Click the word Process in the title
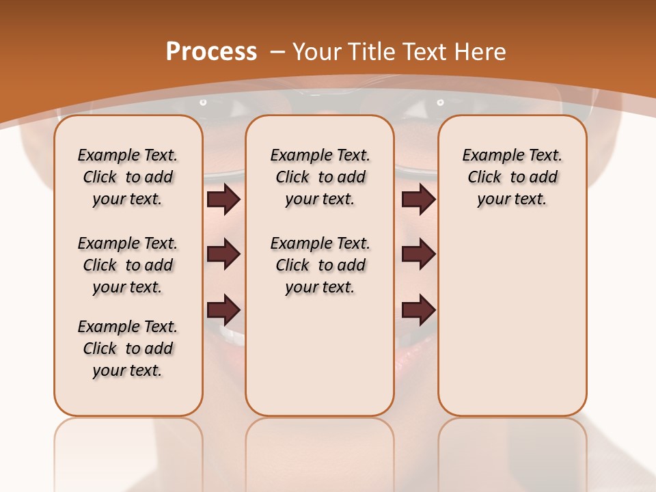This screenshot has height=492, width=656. pos(211,51)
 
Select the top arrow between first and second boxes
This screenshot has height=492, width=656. pos(223,199)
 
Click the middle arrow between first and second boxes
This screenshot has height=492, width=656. pos(223,254)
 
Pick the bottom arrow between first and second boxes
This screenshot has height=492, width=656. pos(223,310)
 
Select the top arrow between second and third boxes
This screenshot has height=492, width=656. pos(418,199)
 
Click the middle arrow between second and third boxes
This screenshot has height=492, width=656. pos(418,254)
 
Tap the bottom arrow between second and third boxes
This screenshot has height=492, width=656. pos(418,310)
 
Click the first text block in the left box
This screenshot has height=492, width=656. pos(128,177)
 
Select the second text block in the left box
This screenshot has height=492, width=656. pos(128,265)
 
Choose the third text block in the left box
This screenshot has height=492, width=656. pos(128,348)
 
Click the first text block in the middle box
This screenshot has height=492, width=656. pos(320,177)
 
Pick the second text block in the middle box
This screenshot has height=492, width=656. pos(320,265)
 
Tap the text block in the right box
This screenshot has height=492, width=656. pos(512,177)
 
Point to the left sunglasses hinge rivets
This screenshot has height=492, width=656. pos(203,102)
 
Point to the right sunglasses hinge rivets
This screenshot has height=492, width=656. pos(439,102)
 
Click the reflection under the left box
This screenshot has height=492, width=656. pos(128,451)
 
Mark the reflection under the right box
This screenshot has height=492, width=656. pos(512,451)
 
